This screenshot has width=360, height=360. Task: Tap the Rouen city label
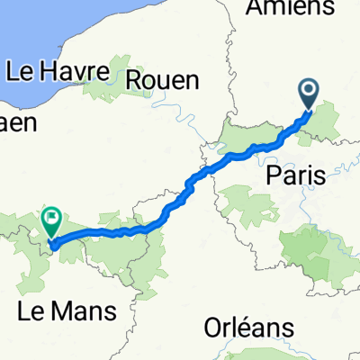163,79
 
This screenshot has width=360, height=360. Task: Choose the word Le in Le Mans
31,312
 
